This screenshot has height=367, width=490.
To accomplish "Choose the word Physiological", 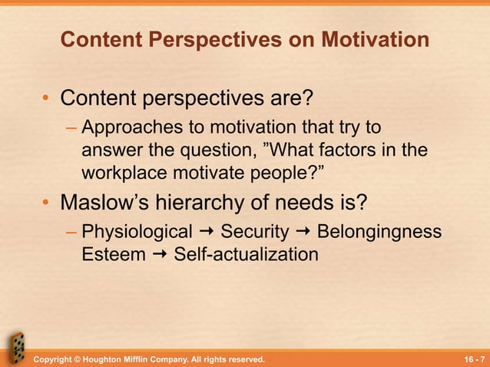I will tap(137, 231).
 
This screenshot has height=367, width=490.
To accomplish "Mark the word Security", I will tap(255, 231).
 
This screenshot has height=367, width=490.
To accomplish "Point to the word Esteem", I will tap(113, 253).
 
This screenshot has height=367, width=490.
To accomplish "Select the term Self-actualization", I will tap(246, 253).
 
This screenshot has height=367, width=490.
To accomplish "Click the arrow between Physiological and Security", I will tap(207, 232).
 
